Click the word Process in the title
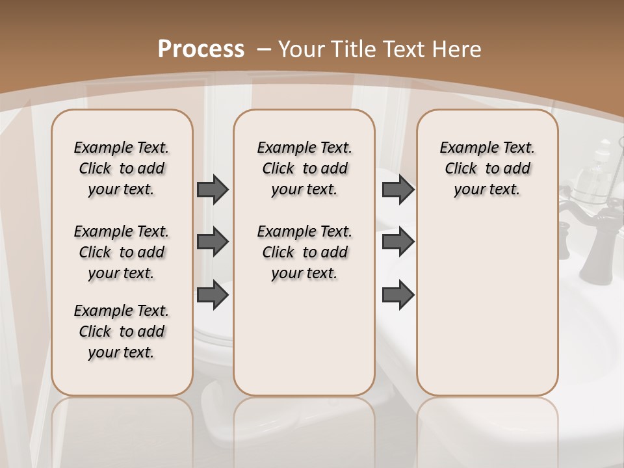(x=201, y=49)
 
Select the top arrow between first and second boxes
(x=213, y=190)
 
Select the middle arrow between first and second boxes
(x=213, y=242)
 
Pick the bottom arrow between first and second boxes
(x=213, y=295)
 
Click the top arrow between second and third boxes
(x=398, y=190)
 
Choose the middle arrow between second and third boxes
(x=398, y=242)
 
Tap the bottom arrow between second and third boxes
(x=398, y=295)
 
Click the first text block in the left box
(x=122, y=168)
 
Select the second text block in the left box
(x=122, y=252)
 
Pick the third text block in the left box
(x=122, y=331)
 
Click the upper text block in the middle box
(x=304, y=168)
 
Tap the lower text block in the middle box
(x=304, y=252)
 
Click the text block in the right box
(x=487, y=168)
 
